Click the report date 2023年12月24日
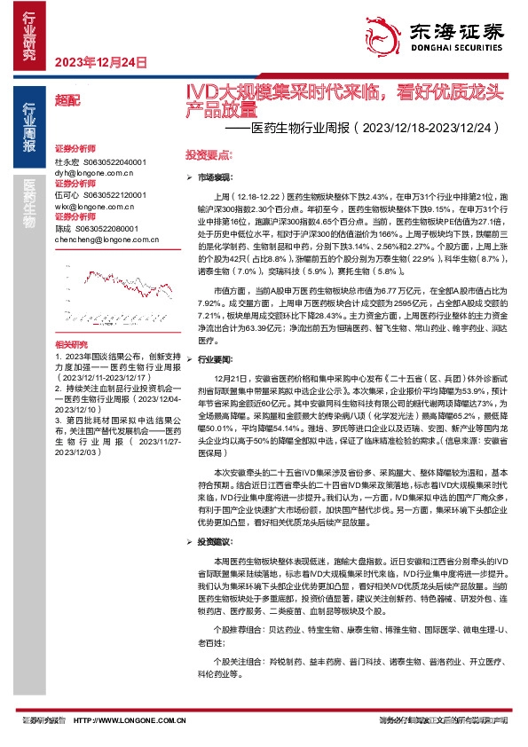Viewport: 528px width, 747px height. (100, 61)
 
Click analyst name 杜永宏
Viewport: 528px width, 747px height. (67, 163)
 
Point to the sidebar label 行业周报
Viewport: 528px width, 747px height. (28, 129)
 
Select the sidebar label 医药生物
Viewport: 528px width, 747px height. (28, 199)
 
